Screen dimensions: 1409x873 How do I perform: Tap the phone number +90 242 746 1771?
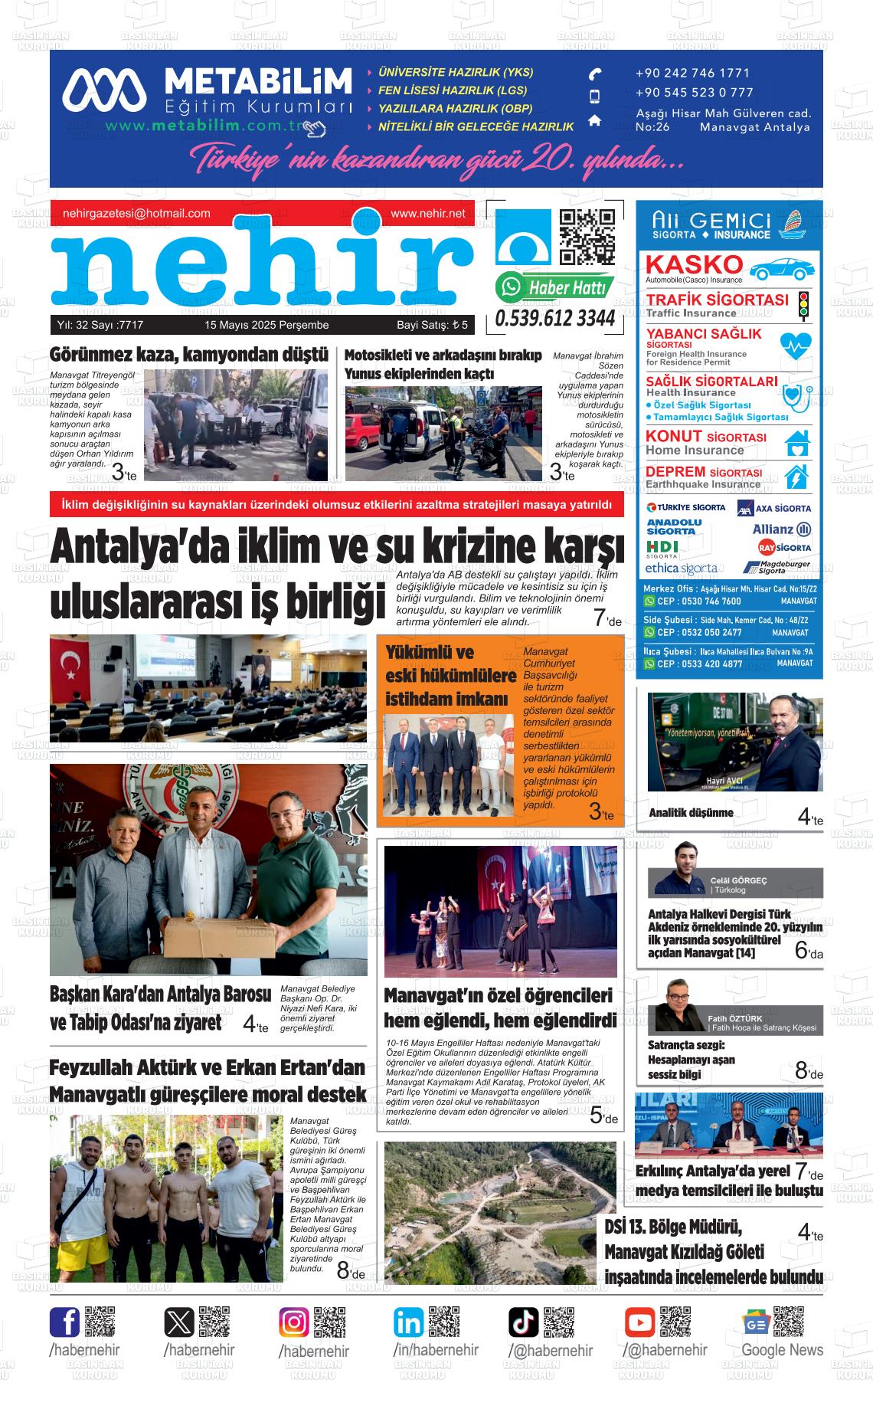[692, 74]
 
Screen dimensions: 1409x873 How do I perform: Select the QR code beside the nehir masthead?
[587, 236]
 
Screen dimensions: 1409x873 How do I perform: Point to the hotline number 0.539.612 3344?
[554, 318]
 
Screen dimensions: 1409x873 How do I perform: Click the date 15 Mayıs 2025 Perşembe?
[266, 325]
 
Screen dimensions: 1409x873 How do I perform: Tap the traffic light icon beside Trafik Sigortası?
[803, 305]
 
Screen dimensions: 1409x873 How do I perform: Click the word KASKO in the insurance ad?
[694, 264]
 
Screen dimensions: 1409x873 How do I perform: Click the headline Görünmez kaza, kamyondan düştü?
[189, 355]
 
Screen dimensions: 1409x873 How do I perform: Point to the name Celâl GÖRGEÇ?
[738, 880]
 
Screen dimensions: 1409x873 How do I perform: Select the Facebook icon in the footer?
[65, 1322]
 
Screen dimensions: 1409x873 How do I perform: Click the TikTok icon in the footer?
[524, 1322]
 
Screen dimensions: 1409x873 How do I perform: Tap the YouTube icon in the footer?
[639, 1322]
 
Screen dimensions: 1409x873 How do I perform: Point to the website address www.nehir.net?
[427, 214]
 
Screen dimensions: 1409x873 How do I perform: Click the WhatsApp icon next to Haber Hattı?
[509, 287]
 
